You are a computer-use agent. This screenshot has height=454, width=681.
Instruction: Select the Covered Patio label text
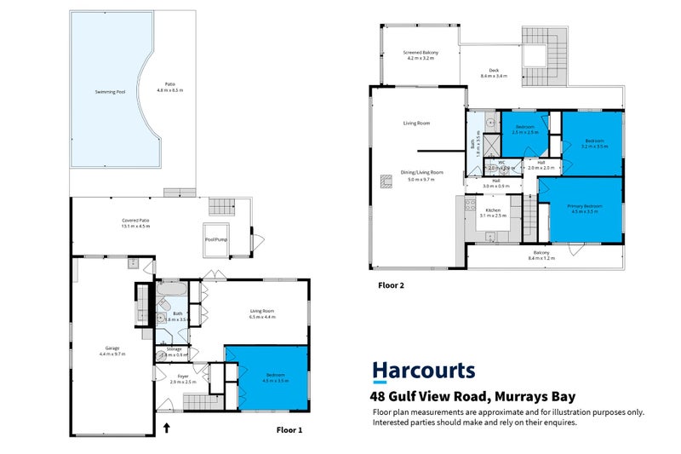coord(135,223)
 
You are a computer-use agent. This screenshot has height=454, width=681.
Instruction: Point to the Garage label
coord(112,348)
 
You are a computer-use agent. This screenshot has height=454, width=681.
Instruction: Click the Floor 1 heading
coord(289,430)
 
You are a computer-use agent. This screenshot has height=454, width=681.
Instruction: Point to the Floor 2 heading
coord(391,286)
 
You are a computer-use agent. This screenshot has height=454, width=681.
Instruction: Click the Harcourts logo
coord(424,371)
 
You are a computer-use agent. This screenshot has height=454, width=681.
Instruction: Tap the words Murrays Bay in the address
coord(534,396)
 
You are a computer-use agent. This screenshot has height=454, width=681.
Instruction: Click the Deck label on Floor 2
coord(494,72)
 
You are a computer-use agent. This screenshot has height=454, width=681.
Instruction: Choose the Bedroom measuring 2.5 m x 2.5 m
coord(524,129)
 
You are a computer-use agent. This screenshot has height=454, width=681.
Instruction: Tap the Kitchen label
coord(493,212)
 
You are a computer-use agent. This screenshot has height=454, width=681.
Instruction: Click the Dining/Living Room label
coord(422,175)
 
